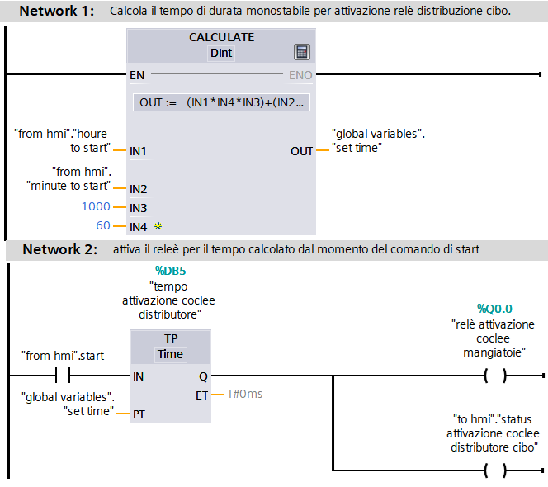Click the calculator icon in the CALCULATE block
pyautogui.click(x=302, y=52)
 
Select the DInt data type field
pyautogui.click(x=221, y=53)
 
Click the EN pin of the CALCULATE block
pyautogui.click(x=137, y=75)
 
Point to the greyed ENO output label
pyautogui.click(x=300, y=75)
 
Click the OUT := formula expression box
pyautogui.click(x=222, y=103)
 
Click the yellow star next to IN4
pyautogui.click(x=158, y=225)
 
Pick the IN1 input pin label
pyautogui.click(x=138, y=151)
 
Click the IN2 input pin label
pyautogui.click(x=138, y=189)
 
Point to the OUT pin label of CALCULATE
pyautogui.click(x=301, y=151)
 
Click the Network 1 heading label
pyautogui.click(x=56, y=12)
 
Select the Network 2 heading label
pyautogui.click(x=58, y=249)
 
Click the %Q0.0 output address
pyautogui.click(x=494, y=309)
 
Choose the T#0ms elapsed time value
pyautogui.click(x=244, y=394)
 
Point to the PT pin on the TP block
pyautogui.click(x=138, y=414)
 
